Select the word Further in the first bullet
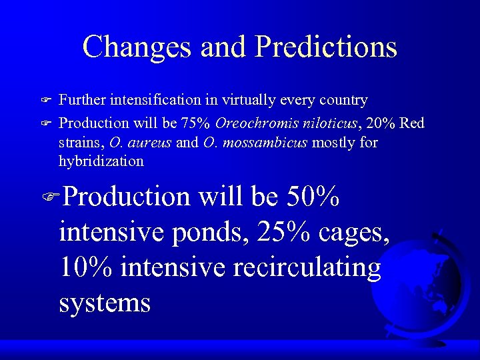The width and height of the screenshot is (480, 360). point(81,100)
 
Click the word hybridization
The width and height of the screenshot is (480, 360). point(101,161)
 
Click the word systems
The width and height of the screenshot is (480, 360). point(105,303)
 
